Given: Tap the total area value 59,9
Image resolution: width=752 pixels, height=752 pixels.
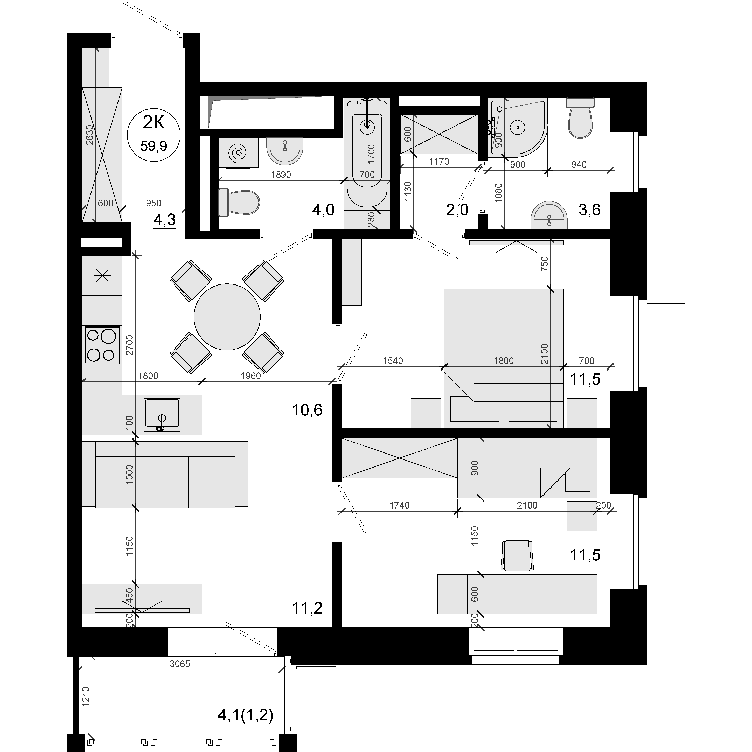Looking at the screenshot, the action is tap(154, 146).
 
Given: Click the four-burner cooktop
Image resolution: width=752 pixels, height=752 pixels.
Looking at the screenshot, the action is tap(102, 345).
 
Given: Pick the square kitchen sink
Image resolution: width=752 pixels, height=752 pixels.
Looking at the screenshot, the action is tap(162, 415).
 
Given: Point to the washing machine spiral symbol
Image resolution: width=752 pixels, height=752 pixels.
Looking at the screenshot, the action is tap(238, 152).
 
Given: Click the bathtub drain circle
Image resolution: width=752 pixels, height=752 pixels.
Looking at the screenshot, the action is tap(367, 125).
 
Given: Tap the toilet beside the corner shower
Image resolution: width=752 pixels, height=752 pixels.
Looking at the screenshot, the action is tap(580, 117).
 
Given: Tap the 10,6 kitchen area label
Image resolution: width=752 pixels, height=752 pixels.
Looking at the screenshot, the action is tap(307, 410).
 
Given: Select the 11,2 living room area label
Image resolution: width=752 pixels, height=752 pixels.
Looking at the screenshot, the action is tap(307, 608).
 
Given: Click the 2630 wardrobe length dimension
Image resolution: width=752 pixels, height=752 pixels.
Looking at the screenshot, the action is tap(89, 135).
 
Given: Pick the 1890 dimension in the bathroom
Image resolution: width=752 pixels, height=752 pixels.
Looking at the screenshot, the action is tap(281, 175).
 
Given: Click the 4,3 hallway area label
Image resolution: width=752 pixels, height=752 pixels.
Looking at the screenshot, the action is tap(165, 220).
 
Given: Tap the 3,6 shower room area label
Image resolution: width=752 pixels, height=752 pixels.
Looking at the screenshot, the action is tap(590, 210).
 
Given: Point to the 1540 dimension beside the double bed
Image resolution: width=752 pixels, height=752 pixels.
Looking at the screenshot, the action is tap(393, 361).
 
